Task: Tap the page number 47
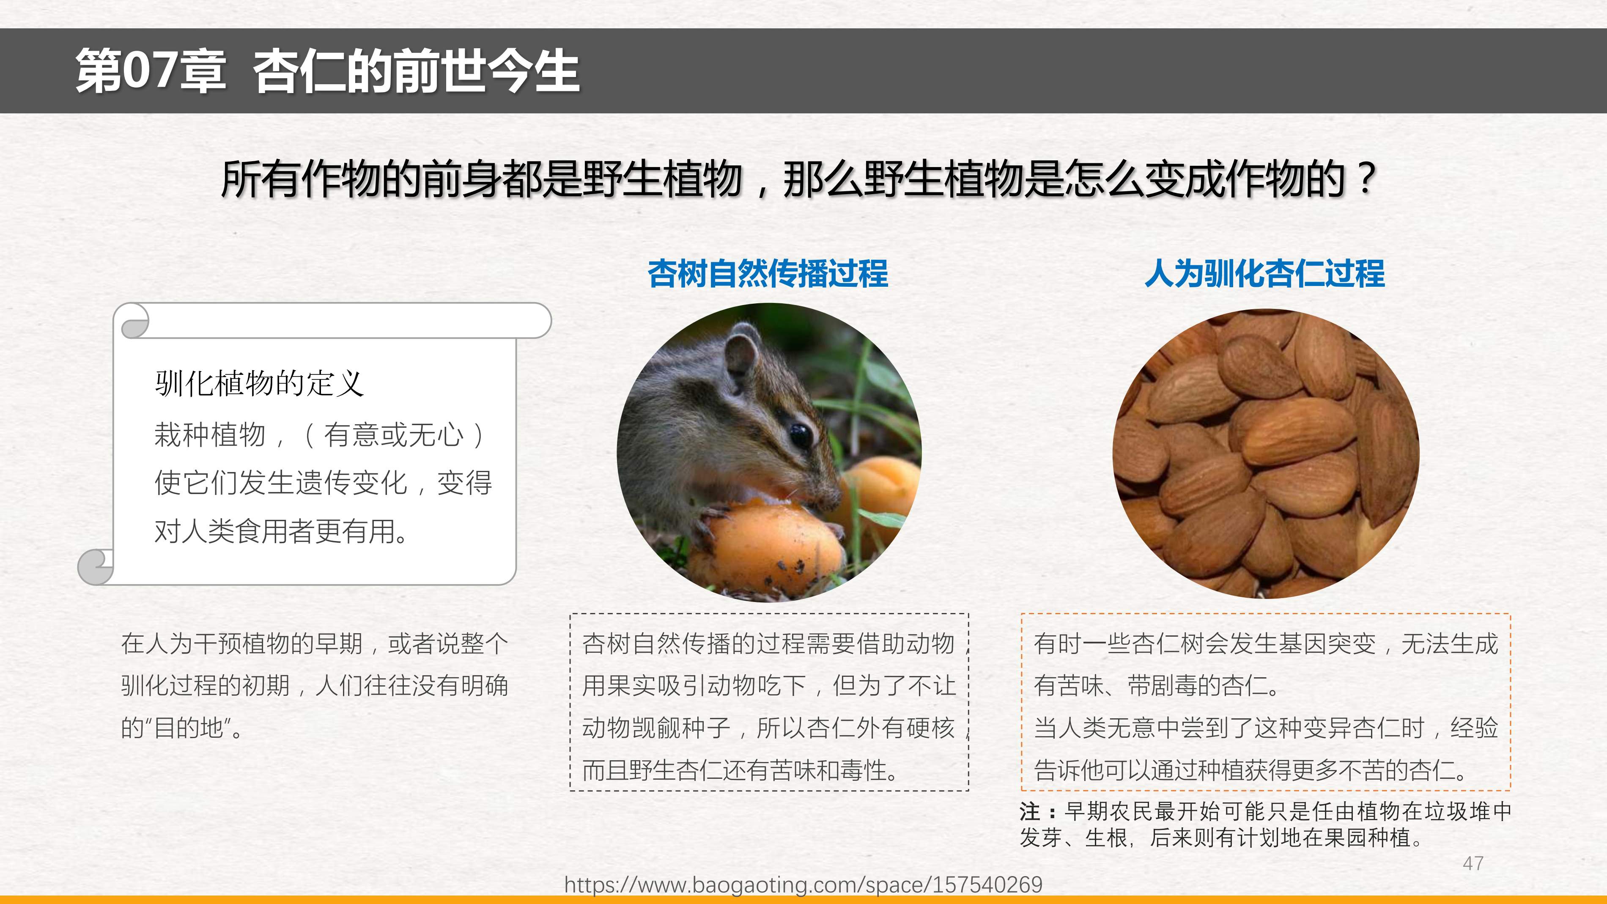1473,863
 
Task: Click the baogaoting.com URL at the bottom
803,885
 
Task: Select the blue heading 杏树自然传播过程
768,273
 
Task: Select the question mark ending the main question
1366,179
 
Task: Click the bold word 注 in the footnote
1029,812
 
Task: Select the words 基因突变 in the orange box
1327,644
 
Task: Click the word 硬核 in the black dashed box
930,728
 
